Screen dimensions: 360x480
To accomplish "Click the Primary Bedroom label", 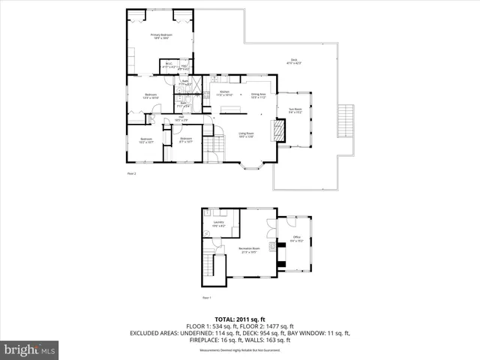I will click(161, 36).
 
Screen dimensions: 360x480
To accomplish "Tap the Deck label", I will click(294, 61).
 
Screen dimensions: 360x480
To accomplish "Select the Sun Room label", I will click(295, 110).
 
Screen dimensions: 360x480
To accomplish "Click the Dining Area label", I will click(259, 94).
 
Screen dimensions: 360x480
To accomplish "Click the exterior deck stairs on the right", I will click(345, 122).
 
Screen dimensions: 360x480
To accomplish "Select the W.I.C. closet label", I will click(169, 65).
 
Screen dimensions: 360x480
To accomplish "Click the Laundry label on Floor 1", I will click(219, 223).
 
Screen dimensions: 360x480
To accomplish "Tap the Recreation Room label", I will click(249, 250).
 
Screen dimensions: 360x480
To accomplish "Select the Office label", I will click(296, 240).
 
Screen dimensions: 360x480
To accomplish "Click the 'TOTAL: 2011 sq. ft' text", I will click(239, 318).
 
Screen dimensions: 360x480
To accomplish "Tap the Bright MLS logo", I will click(30, 349).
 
